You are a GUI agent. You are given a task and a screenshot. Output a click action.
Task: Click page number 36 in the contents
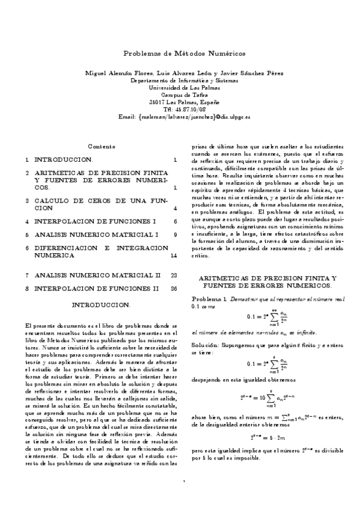pos(174,288)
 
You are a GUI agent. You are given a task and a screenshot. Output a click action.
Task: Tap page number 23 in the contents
pos(174,275)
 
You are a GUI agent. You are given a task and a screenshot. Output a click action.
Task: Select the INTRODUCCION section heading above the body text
pos(100,305)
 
